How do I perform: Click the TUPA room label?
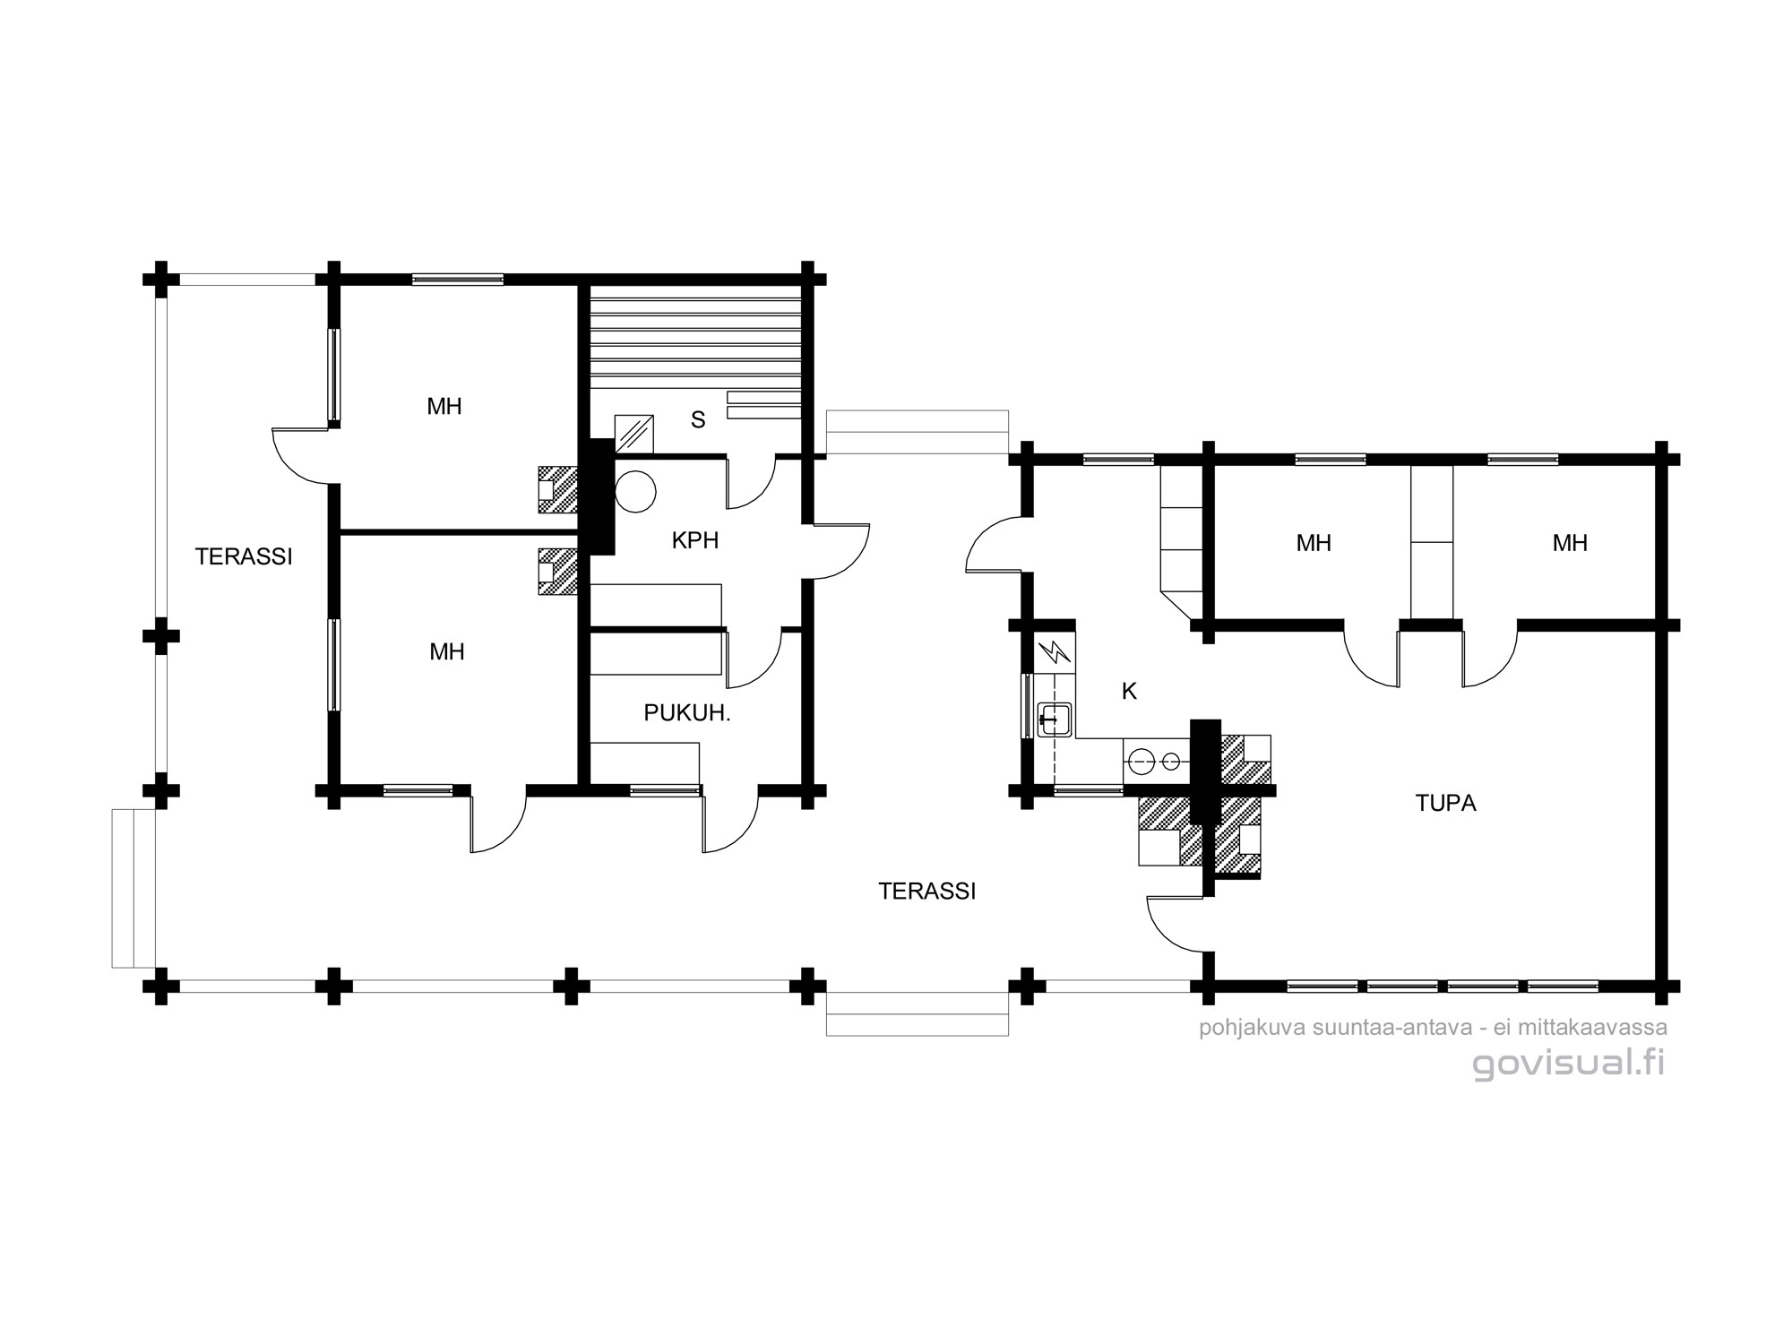click(1445, 803)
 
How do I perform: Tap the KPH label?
click(695, 540)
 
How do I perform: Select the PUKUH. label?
click(687, 713)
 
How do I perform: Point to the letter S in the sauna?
click(698, 419)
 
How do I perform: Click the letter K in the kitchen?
click(1129, 691)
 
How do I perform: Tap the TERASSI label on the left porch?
click(244, 556)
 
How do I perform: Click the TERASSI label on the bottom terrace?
click(926, 891)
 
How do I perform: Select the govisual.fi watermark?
click(1569, 1063)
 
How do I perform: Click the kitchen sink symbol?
click(1055, 719)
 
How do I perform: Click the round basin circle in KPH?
click(635, 492)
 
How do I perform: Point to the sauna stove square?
click(633, 434)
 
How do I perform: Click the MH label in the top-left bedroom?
click(444, 407)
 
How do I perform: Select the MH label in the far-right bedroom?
click(1570, 543)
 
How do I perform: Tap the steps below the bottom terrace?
click(918, 1013)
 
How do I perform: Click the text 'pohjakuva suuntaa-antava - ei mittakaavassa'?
click(1433, 1028)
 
